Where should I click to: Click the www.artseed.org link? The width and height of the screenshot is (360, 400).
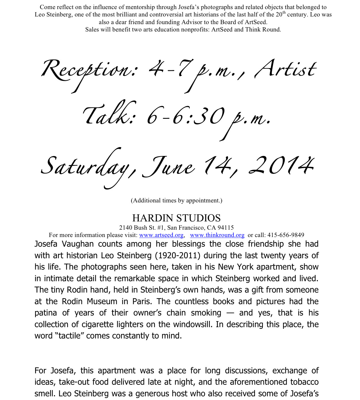(161, 235)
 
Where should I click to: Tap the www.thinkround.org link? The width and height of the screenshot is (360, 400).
(217, 235)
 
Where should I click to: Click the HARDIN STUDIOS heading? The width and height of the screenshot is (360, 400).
(176, 218)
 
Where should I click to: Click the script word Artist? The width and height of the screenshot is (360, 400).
(285, 69)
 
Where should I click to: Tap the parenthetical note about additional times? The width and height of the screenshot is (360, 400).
(176, 201)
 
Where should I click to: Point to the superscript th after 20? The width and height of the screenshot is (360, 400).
(284, 12)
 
